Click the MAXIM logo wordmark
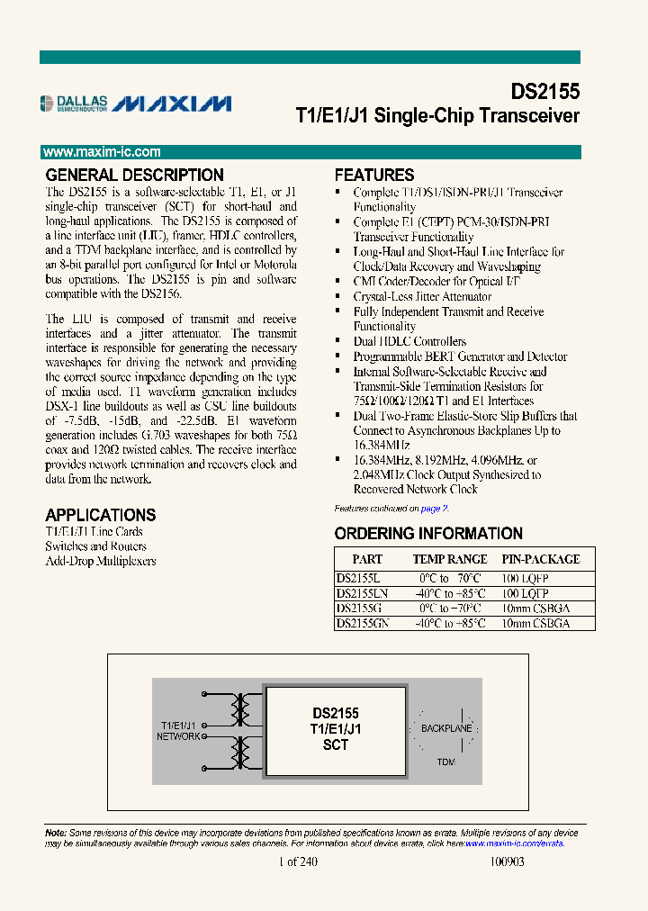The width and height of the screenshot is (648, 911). pos(174,104)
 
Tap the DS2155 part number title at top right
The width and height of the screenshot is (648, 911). pos(544,92)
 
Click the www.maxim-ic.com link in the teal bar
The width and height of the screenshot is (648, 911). pos(102,152)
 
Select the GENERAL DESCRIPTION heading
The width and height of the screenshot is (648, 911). pos(134,176)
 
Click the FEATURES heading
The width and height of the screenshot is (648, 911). pos(374,176)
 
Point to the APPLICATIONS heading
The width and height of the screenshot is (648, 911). pos(100,515)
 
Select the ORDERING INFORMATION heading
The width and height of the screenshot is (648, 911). pos(428,533)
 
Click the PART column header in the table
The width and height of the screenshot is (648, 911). pos(367,559)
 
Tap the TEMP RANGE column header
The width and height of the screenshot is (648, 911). pos(450,559)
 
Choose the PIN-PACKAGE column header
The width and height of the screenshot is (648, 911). pos(541,559)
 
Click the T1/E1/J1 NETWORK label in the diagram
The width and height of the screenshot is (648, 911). pos(179,730)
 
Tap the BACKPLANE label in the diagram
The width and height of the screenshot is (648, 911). pos(446,726)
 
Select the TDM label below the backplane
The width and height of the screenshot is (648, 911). pos(445,762)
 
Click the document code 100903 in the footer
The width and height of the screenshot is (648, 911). pos(506,861)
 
